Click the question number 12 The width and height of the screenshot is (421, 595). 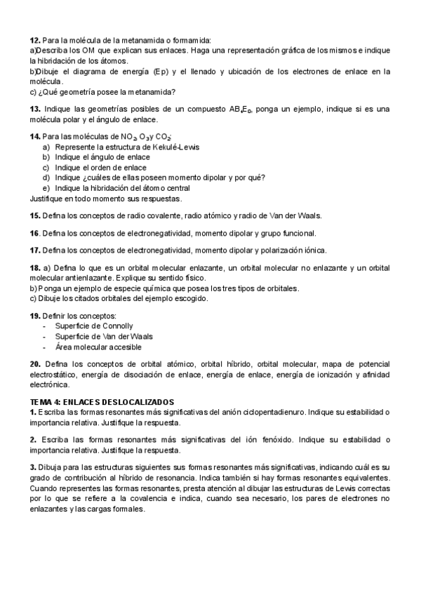(34, 41)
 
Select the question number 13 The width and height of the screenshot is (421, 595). (34, 109)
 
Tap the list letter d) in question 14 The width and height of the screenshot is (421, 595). (46, 178)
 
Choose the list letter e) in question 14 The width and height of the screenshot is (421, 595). (46, 187)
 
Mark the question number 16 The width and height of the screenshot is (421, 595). (34, 232)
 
